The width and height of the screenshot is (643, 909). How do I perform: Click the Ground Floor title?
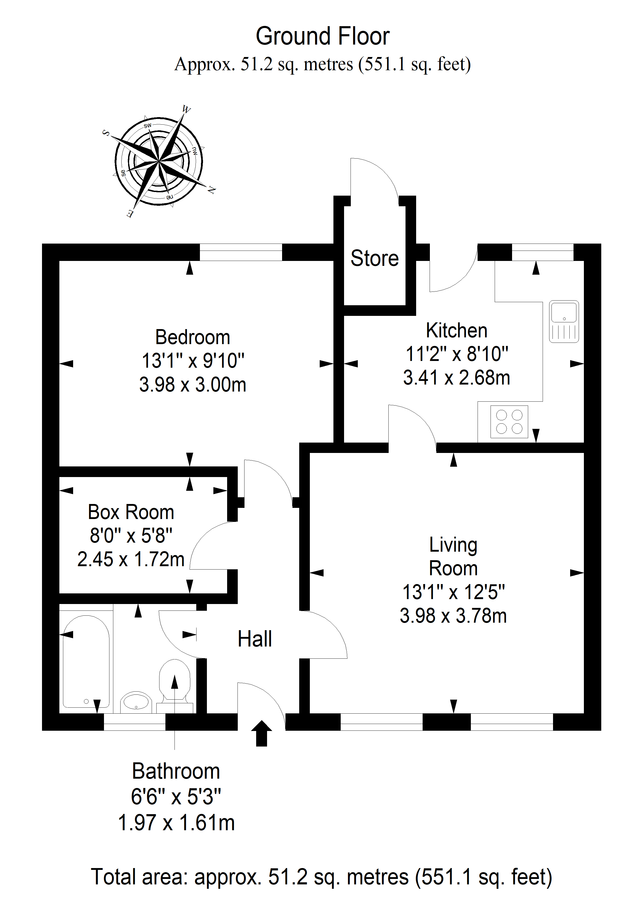click(323, 37)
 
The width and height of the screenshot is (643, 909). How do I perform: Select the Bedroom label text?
click(193, 337)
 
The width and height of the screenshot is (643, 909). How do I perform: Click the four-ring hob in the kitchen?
click(509, 422)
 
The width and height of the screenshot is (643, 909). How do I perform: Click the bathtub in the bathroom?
click(86, 662)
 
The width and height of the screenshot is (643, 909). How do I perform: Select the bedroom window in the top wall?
click(241, 252)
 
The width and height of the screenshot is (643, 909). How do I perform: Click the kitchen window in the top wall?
click(542, 252)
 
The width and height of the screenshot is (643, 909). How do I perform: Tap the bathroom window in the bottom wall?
click(134, 722)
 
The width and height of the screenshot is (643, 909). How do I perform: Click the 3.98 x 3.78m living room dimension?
click(453, 616)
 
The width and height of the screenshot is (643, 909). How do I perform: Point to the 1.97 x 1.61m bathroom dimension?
click(176, 823)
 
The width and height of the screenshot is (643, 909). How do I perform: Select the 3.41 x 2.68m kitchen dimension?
click(456, 378)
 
